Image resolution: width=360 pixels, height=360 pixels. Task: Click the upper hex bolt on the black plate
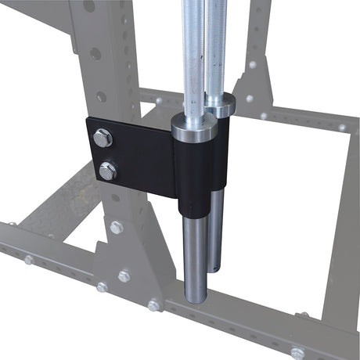point(103,139)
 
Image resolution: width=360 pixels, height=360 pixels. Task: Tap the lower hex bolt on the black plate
point(107,171)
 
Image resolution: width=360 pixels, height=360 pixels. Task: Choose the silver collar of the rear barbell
point(221,104)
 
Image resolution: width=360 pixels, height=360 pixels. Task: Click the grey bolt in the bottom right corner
point(297,353)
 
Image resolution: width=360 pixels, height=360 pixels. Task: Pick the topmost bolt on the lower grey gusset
point(117,228)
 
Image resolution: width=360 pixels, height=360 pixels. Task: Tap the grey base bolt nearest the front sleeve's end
point(154,305)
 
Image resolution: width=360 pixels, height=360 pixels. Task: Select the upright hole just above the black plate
point(101,97)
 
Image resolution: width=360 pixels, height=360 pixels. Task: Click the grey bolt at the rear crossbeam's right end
point(342,127)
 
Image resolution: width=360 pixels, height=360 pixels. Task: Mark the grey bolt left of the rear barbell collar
point(159,101)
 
